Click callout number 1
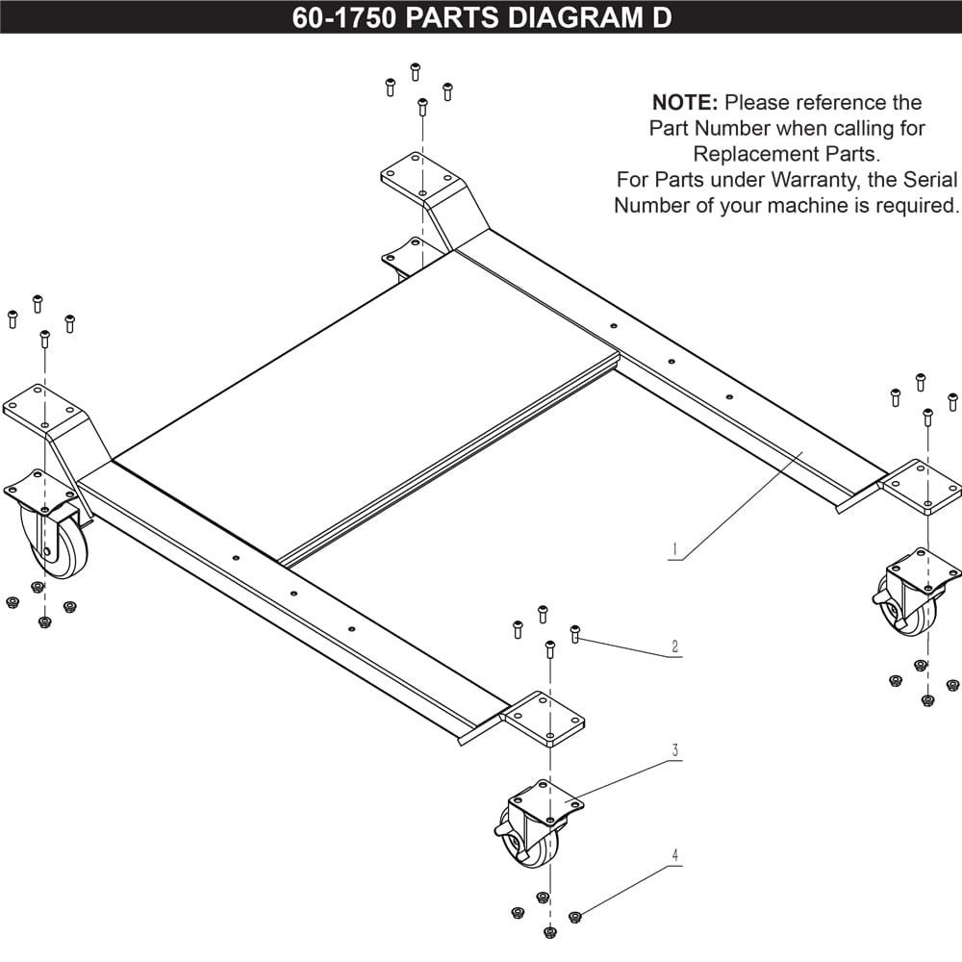675,551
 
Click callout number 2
675,647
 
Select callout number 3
675,750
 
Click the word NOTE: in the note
685,103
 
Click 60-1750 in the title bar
343,18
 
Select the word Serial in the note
928,180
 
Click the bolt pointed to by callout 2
575,633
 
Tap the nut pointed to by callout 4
575,917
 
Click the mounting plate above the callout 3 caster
544,719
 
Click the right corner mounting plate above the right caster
920,486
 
